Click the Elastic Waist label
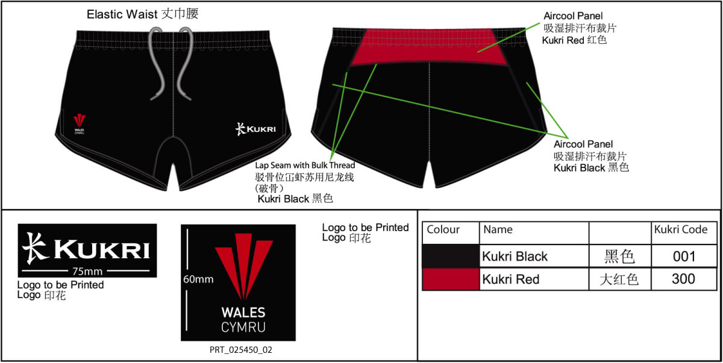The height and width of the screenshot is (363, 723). (142, 14)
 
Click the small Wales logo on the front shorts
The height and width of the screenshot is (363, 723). (79, 124)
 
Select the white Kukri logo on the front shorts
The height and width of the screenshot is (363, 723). (255, 129)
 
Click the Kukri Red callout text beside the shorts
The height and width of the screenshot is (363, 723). (574, 40)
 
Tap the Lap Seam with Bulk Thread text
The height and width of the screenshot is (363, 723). (305, 166)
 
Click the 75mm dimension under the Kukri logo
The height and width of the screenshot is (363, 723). (87, 271)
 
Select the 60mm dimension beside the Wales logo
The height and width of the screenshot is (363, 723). (198, 279)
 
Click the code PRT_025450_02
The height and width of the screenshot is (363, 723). (241, 350)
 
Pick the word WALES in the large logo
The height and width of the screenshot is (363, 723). (243, 312)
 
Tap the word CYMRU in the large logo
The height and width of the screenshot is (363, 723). (243, 327)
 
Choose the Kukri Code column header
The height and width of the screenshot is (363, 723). (681, 229)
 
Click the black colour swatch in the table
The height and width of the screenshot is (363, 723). (451, 256)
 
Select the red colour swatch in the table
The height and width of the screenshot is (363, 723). (451, 279)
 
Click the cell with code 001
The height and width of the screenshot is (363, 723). (684, 256)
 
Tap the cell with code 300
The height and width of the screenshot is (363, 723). (684, 279)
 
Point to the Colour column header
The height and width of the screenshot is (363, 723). (443, 229)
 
